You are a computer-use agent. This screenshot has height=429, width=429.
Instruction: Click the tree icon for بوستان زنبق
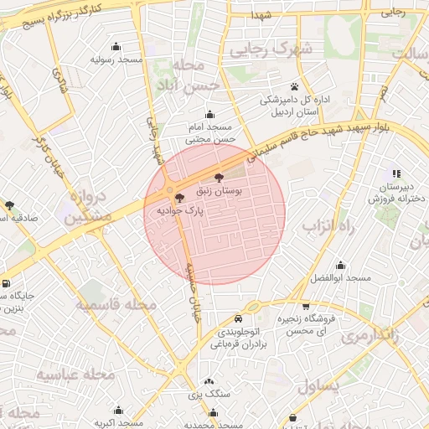pyautogui.click(x=220, y=178)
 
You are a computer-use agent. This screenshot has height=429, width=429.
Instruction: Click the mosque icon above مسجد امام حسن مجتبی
pyautogui.click(x=209, y=115)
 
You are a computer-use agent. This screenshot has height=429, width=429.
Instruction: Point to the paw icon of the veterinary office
pyautogui.click(x=294, y=86)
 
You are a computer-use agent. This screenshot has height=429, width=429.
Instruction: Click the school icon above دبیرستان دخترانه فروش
pyautogui.click(x=395, y=173)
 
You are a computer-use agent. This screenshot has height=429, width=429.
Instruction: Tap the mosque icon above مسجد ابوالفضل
pyautogui.click(x=340, y=265)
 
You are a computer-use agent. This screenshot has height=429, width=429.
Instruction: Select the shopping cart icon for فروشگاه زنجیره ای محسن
pyautogui.click(x=306, y=307)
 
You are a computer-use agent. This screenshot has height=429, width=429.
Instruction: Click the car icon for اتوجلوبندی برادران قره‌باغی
pyautogui.click(x=240, y=318)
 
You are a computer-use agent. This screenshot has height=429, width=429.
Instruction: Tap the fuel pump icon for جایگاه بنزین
pyautogui.click(x=7, y=284)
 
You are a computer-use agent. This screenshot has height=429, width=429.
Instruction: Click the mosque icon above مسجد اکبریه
pyautogui.click(x=117, y=411)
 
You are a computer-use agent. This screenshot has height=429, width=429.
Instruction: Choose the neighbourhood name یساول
pyautogui.click(x=318, y=385)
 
